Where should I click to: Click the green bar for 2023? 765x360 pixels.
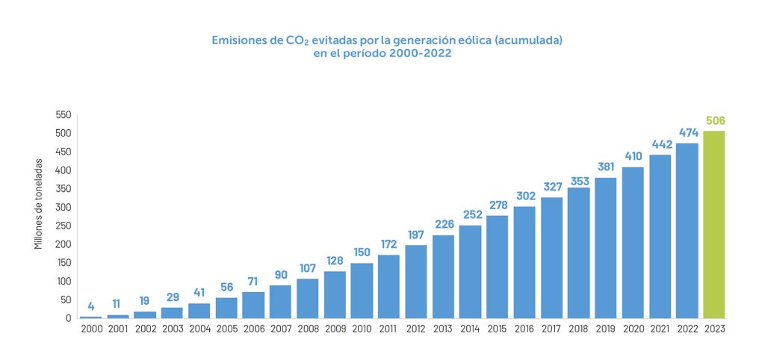click(x=713, y=224)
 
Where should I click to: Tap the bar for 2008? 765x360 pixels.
click(x=307, y=298)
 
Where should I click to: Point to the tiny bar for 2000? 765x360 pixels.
click(x=91, y=317)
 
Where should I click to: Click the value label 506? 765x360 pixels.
click(x=715, y=121)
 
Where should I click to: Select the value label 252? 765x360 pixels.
click(x=470, y=215)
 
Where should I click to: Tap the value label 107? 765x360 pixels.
click(x=307, y=269)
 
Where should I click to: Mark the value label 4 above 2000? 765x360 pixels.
click(x=91, y=306)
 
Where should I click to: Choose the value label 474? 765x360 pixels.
click(x=687, y=133)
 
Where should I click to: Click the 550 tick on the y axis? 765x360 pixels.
click(x=63, y=115)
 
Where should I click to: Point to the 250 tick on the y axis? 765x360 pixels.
click(x=63, y=226)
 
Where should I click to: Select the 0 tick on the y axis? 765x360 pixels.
click(x=68, y=318)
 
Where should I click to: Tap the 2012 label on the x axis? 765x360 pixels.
click(x=415, y=329)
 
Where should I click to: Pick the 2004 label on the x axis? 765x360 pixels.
click(x=199, y=329)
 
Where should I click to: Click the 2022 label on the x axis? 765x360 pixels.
click(x=687, y=329)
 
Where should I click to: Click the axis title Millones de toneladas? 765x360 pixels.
click(x=39, y=203)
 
